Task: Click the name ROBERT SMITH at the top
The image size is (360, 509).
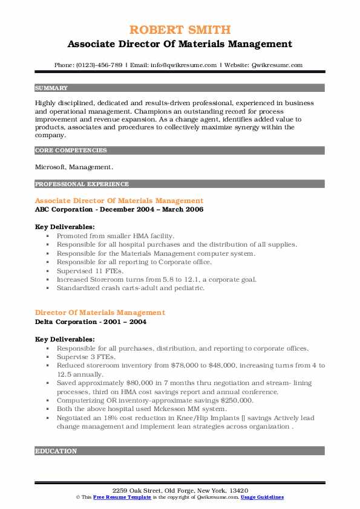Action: click(x=179, y=30)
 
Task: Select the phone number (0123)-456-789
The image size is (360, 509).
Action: click(x=101, y=65)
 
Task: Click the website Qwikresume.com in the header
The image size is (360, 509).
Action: click(x=275, y=65)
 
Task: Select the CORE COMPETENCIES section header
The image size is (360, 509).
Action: click(x=71, y=150)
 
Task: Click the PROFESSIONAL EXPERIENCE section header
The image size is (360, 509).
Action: click(x=82, y=184)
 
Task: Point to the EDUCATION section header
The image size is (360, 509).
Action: click(x=56, y=451)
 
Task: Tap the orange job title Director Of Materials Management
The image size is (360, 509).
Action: click(x=100, y=313)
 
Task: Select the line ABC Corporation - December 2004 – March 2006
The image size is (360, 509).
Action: click(x=119, y=209)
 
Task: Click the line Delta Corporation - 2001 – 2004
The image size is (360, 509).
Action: click(x=91, y=322)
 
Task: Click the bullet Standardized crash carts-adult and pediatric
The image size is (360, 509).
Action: click(x=131, y=288)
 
